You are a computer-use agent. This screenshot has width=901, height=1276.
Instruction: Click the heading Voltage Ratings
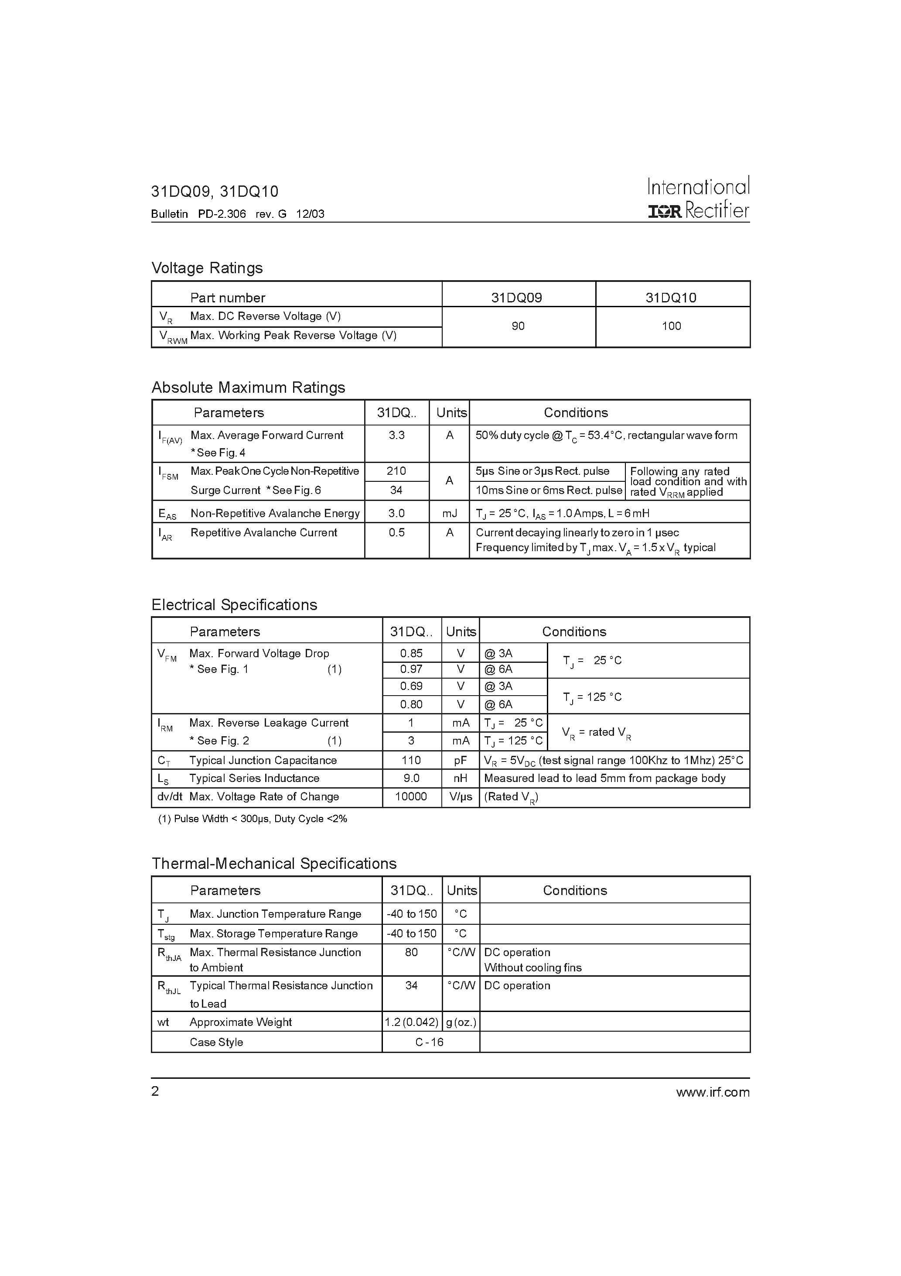pyautogui.click(x=207, y=268)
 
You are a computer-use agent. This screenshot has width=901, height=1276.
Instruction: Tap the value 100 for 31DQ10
pyautogui.click(x=671, y=326)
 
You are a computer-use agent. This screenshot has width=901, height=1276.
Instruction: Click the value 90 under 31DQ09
pyautogui.click(x=518, y=326)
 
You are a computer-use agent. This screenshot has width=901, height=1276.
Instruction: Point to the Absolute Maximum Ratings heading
pyautogui.click(x=248, y=388)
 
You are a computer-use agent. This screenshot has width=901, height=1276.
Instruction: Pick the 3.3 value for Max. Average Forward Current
pyautogui.click(x=396, y=435)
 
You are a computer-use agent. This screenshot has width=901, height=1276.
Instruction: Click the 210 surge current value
pyautogui.click(x=396, y=471)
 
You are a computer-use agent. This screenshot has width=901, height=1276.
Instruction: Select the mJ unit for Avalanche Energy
pyautogui.click(x=449, y=513)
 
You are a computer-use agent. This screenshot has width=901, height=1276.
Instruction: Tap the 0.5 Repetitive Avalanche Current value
pyautogui.click(x=396, y=532)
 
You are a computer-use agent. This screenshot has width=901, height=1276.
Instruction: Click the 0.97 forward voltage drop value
pyautogui.click(x=411, y=669)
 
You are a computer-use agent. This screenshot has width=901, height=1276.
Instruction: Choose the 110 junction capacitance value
pyautogui.click(x=411, y=760)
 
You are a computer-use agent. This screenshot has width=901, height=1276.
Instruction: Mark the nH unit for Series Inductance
pyautogui.click(x=461, y=778)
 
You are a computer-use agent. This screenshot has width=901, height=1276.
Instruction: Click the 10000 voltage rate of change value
pyautogui.click(x=411, y=796)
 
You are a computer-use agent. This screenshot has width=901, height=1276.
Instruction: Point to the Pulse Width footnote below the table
pyautogui.click(x=253, y=819)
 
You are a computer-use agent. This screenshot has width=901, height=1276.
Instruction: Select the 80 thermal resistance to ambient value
pyautogui.click(x=411, y=952)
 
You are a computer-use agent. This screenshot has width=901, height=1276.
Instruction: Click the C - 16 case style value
pyautogui.click(x=430, y=1042)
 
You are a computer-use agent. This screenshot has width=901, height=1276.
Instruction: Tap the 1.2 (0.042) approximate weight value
pyautogui.click(x=412, y=1022)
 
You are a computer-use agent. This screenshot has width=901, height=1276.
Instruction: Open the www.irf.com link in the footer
pyautogui.click(x=713, y=1092)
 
